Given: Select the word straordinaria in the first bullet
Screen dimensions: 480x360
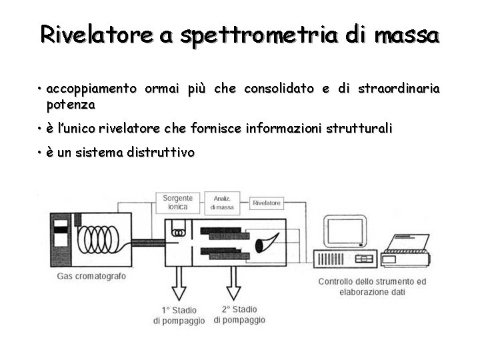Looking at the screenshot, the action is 399,89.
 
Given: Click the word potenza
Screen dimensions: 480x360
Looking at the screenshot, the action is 71,105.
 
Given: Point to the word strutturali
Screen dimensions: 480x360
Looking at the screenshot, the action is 359,128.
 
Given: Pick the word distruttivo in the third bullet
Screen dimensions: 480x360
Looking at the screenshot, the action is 161,153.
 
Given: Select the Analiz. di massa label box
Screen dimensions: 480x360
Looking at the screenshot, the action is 223,203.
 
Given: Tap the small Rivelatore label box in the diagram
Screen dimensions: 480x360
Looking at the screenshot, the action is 266,202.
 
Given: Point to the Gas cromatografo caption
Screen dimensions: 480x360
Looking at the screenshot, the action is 91,276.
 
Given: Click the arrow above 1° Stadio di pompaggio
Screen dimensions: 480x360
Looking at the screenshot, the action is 179,287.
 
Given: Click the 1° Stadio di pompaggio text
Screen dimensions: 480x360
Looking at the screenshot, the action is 179,315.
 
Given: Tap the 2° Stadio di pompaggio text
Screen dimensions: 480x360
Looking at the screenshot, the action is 239,315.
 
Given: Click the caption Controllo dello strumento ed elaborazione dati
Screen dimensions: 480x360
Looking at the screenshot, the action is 372,287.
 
